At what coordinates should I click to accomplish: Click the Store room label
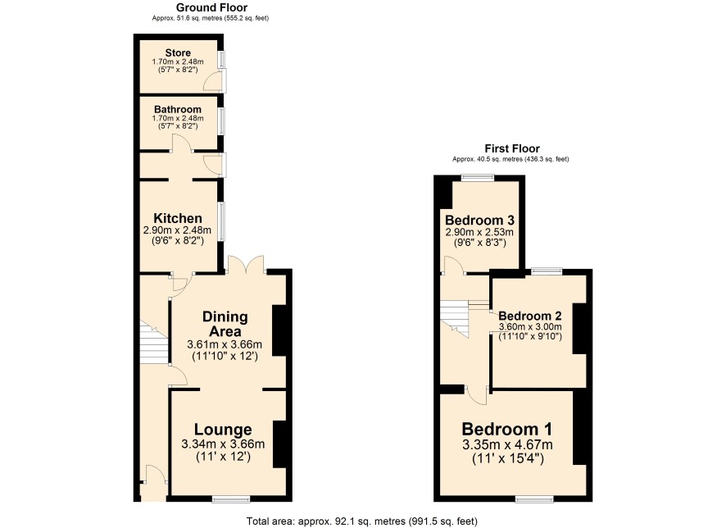pyautogui.click(x=178, y=52)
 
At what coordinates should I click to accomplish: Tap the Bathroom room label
pyautogui.click(x=178, y=109)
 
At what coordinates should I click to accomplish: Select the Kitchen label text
pyautogui.click(x=178, y=218)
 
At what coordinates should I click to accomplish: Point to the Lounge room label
pyautogui.click(x=223, y=430)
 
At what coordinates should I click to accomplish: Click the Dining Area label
pyautogui.click(x=225, y=324)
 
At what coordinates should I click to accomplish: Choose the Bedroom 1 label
pyautogui.click(x=507, y=429)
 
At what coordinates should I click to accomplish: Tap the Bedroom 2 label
pyautogui.click(x=530, y=316)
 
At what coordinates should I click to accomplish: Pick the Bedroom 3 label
pyautogui.click(x=479, y=220)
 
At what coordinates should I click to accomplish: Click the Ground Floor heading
pyautogui.click(x=211, y=7)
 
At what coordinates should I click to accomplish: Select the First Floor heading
pyautogui.click(x=512, y=148)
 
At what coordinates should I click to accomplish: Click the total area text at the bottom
pyautogui.click(x=361, y=521)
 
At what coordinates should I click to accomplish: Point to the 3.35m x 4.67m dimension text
pyautogui.click(x=507, y=445)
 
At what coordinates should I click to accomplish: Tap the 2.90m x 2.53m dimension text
pyautogui.click(x=479, y=232)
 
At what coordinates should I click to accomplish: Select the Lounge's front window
pyautogui.click(x=231, y=498)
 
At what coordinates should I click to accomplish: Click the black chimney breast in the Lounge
pyautogui.click(x=279, y=444)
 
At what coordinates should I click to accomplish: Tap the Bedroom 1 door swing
pyautogui.click(x=476, y=396)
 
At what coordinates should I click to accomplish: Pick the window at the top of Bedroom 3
pyautogui.click(x=478, y=177)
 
